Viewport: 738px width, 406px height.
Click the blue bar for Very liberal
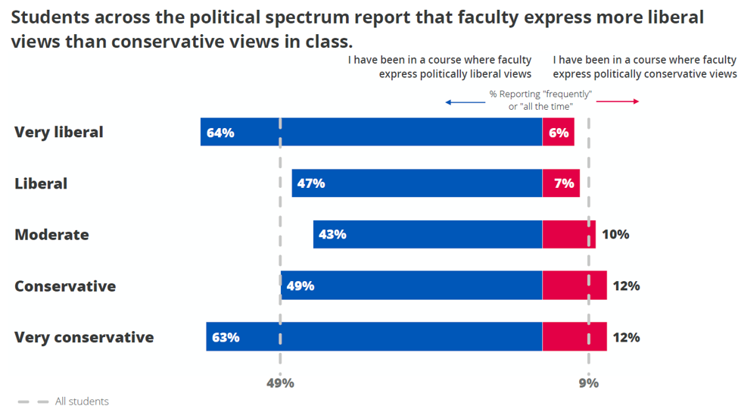click(371, 132)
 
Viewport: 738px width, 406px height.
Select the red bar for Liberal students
click(561, 183)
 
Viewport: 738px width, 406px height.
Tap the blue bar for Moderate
click(428, 235)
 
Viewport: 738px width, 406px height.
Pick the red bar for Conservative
click(575, 286)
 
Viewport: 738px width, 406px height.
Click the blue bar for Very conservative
click(374, 337)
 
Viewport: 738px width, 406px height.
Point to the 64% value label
click(220, 133)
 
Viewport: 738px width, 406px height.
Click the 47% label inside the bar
click(311, 183)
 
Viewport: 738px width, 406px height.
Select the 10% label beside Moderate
click(615, 235)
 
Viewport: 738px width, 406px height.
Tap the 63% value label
click(226, 337)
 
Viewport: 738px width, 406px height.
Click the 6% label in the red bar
click(559, 133)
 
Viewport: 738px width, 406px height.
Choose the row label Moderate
click(51, 235)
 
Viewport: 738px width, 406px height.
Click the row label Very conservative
click(84, 337)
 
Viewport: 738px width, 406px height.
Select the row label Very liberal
click(59, 132)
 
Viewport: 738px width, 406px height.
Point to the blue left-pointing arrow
click(464, 101)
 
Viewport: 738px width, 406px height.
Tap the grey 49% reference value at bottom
click(280, 383)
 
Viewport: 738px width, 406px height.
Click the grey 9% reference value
click(588, 383)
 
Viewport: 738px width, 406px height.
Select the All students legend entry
click(82, 401)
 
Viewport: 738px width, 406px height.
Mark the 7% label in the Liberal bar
click(564, 183)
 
